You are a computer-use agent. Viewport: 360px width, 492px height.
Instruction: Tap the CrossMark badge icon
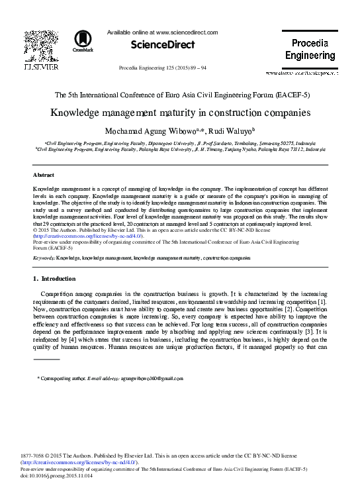click(83, 41)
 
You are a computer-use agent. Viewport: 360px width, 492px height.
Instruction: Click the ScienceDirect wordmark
click(163, 45)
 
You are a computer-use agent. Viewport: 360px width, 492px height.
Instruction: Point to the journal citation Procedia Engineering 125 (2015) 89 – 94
click(162, 68)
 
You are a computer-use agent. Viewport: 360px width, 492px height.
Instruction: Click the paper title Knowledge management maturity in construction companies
click(180, 112)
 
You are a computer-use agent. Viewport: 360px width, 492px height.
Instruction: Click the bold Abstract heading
click(43, 175)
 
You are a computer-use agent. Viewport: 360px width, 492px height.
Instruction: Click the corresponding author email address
click(152, 378)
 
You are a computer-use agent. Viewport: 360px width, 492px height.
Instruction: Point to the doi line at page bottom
click(57, 475)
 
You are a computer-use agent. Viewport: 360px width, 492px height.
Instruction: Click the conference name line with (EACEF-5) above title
click(180, 95)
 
